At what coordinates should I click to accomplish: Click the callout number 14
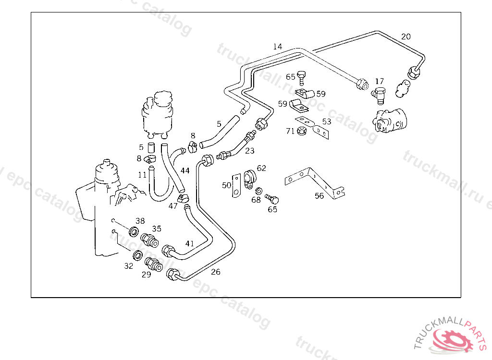pyautogui.click(x=277, y=47)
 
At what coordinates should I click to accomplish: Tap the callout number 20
pyautogui.click(x=406, y=36)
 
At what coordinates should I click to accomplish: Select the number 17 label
pyautogui.click(x=380, y=81)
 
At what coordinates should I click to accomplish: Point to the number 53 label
pyautogui.click(x=327, y=122)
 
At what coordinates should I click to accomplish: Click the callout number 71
pyautogui.click(x=290, y=131)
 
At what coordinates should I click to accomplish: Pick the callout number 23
pyautogui.click(x=250, y=151)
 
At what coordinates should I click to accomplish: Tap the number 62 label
pyautogui.click(x=261, y=168)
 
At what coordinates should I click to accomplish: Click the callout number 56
pyautogui.click(x=320, y=195)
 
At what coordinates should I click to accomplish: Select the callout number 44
pyautogui.click(x=185, y=170)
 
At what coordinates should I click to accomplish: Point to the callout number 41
pyautogui.click(x=190, y=243)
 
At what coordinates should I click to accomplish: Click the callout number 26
pyautogui.click(x=216, y=272)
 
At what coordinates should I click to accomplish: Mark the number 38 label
pyautogui.click(x=140, y=221)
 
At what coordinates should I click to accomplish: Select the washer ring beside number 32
pyautogui.click(x=137, y=255)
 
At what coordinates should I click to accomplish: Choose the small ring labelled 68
pyautogui.click(x=258, y=191)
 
